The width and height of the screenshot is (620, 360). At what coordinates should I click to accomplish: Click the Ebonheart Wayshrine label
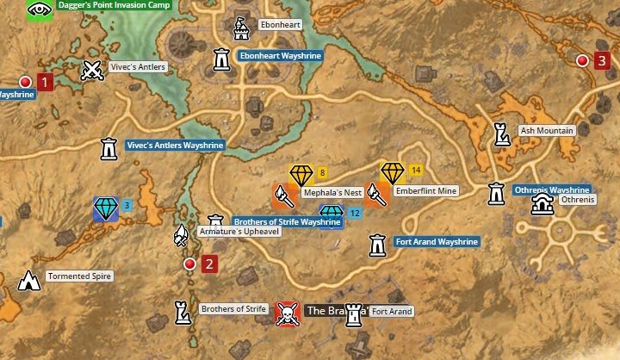pyautogui.click(x=280, y=56)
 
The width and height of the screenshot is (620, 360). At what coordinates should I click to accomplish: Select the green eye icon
pyautogui.click(x=39, y=9)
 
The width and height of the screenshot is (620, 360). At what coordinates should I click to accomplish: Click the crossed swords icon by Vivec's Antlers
pyautogui.click(x=91, y=70)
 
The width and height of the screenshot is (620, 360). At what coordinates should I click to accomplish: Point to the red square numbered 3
pyautogui.click(x=601, y=60)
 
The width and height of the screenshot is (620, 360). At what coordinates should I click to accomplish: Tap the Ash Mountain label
pyautogui.click(x=546, y=131)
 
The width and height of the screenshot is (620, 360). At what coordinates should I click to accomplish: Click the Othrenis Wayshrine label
pyautogui.click(x=551, y=189)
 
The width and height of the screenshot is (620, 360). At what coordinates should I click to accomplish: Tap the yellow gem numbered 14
pyautogui.click(x=393, y=172)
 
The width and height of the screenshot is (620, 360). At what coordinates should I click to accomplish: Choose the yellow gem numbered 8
pyautogui.click(x=301, y=175)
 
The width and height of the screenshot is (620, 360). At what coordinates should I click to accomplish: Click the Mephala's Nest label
pyautogui.click(x=332, y=193)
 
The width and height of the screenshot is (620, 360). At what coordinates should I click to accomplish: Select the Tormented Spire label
pyautogui.click(x=79, y=276)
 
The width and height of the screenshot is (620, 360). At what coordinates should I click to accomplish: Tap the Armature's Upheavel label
pyautogui.click(x=239, y=232)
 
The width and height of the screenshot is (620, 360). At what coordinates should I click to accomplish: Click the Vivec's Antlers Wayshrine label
pyautogui.click(x=175, y=146)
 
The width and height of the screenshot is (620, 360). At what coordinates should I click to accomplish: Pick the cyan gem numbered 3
pyautogui.click(x=106, y=208)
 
